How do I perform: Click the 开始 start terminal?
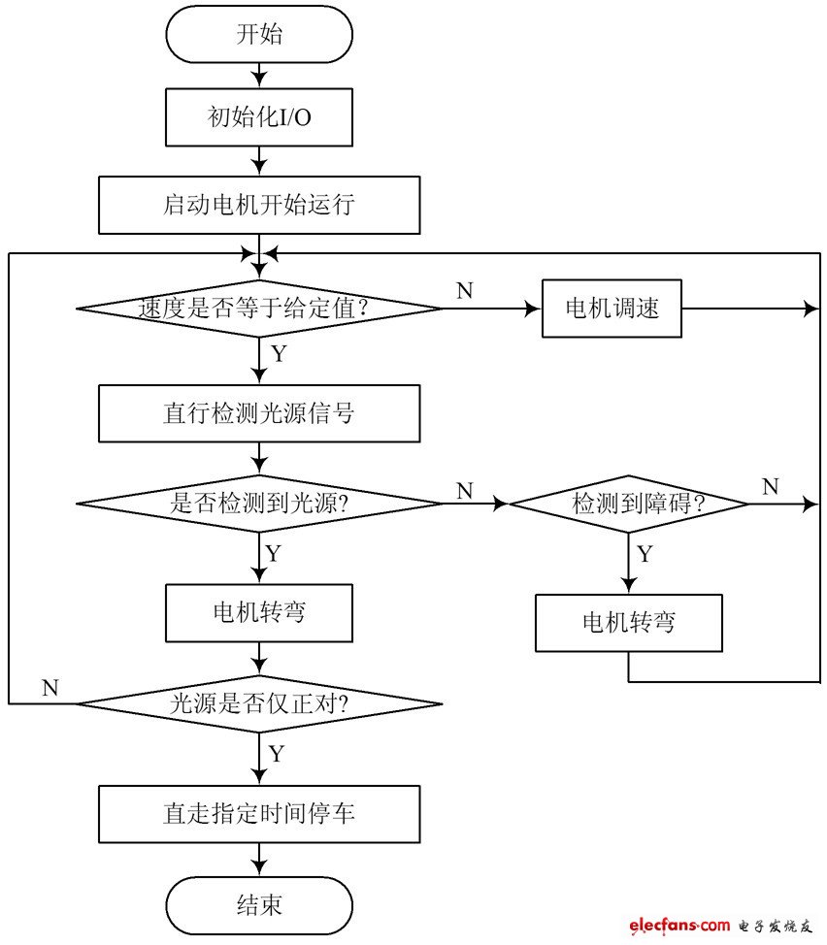[259, 35]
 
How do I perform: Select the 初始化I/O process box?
[259, 117]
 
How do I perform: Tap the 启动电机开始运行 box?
[259, 205]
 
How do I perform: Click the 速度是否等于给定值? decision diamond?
[259, 309]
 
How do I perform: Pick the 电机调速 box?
[612, 309]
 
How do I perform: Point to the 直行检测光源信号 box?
[259, 413]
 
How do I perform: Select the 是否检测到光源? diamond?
[259, 504]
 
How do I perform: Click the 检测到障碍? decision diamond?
[629, 504]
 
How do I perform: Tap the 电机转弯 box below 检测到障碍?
[628, 622]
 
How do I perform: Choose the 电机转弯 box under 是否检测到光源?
[259, 612]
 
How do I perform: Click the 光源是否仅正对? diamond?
[259, 702]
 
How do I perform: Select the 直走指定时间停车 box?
[259, 813]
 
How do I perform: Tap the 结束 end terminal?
[259, 905]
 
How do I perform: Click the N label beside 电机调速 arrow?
[464, 291]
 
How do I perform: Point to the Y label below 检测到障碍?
[645, 554]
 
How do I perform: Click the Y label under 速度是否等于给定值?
[279, 353]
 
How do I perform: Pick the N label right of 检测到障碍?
[770, 486]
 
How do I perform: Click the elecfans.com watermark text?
[679, 927]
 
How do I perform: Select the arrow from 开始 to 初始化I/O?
[259, 75]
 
